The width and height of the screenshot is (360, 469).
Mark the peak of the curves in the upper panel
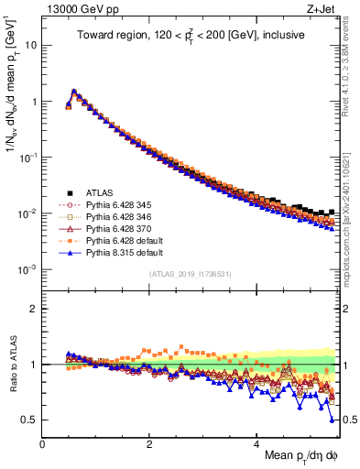73,91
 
